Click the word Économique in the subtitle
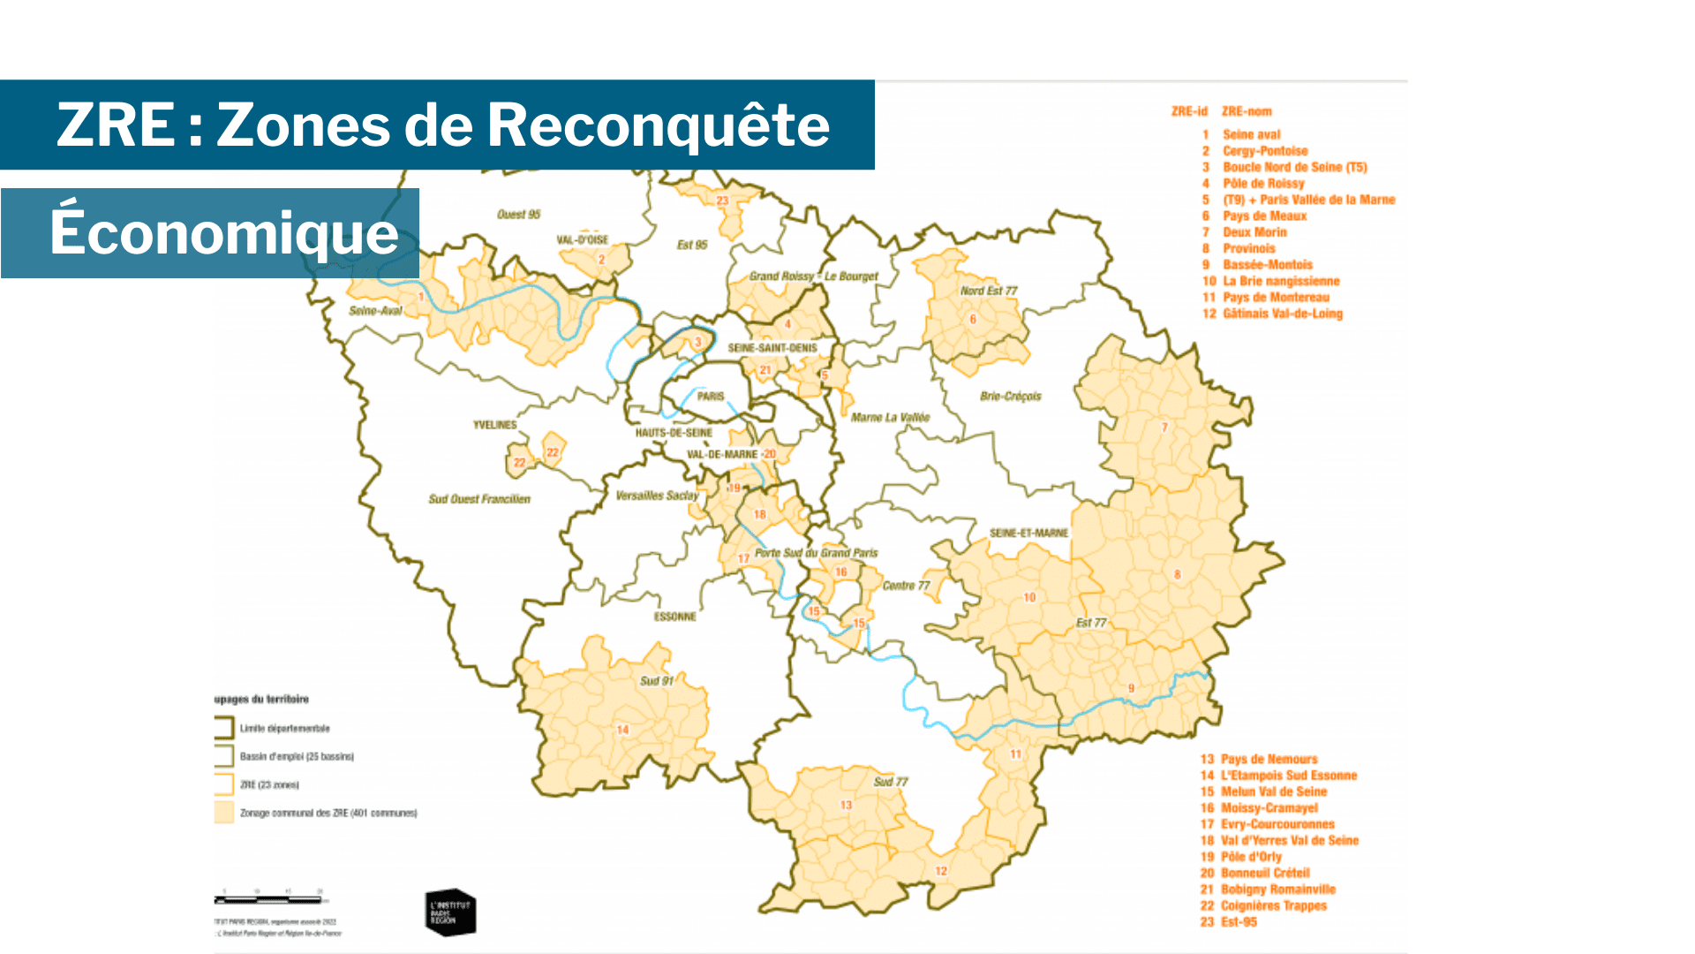click(224, 233)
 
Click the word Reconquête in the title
click(658, 125)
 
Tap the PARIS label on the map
click(711, 397)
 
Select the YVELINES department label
click(494, 425)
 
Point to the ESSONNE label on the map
click(674, 617)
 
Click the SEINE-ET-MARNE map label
click(1028, 534)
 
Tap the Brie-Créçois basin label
click(1010, 397)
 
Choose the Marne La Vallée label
click(890, 417)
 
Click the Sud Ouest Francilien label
click(479, 499)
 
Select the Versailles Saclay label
click(657, 496)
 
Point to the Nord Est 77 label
click(989, 291)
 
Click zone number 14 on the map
click(622, 730)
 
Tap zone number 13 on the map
click(846, 805)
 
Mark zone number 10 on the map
click(1029, 598)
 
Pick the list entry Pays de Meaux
click(1264, 216)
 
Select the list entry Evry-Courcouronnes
click(1277, 824)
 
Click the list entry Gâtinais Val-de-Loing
click(1282, 314)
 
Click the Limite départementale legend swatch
click(223, 728)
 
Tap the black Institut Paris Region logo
click(450, 912)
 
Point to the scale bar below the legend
click(268, 899)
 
